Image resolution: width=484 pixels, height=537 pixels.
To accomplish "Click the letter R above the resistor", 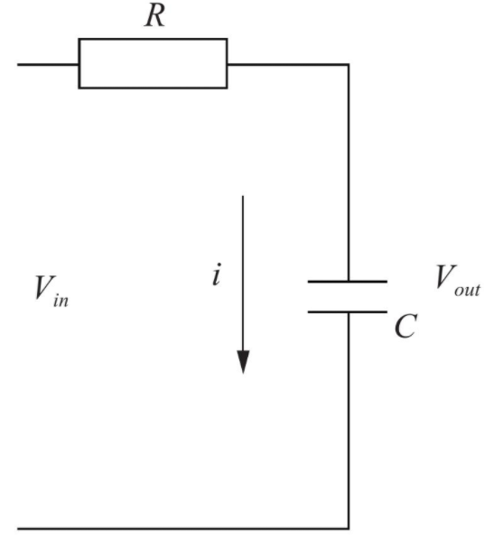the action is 154,16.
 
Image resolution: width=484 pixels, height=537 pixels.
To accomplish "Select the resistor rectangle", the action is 153,39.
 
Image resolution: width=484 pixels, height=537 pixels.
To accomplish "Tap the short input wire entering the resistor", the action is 48,64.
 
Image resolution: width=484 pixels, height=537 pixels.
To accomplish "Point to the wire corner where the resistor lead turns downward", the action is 349,64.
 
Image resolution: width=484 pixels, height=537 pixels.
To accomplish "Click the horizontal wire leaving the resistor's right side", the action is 288,64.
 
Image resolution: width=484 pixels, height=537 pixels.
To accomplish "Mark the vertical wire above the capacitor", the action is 349,172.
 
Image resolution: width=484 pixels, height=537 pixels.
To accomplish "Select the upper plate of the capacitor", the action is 348,282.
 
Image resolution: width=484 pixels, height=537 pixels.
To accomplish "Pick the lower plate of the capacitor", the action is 348,312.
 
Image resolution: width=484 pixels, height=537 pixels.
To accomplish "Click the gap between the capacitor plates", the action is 348,297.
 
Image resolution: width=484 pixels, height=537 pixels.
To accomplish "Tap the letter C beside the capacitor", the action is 405,326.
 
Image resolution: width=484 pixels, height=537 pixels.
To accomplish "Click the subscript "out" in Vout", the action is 467,291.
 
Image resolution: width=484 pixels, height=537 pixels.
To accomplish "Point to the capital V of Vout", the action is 446,277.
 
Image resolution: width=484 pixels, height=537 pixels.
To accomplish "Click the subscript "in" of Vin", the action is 61,301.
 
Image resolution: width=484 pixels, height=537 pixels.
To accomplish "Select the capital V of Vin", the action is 44,288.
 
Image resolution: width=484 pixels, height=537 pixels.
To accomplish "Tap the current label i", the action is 216,274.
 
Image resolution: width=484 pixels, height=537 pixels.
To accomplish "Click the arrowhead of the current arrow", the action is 243,362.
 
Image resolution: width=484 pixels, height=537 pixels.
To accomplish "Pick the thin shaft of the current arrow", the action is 243,273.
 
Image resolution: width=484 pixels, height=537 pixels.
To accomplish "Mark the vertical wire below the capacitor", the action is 349,421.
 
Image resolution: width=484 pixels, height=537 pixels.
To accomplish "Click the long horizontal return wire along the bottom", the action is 183,529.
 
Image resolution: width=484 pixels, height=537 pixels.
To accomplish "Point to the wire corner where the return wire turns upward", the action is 349,529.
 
